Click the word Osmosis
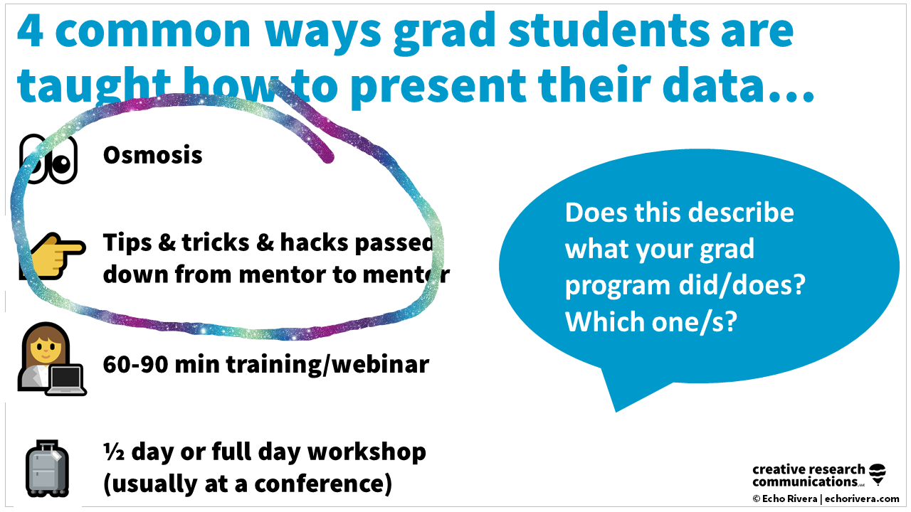pyautogui.click(x=152, y=155)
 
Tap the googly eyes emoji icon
pyautogui.click(x=48, y=158)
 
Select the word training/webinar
pyautogui.click(x=327, y=365)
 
